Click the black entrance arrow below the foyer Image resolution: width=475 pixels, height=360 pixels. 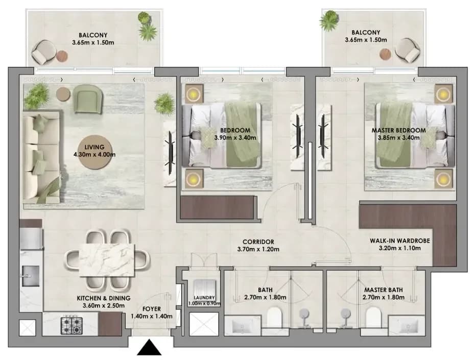pos(149,348)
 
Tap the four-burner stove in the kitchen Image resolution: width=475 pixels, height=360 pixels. pos(72,325)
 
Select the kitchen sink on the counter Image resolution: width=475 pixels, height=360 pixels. pos(30,276)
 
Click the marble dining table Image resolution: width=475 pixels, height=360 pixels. pos(107,260)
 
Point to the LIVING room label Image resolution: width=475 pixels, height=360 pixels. pos(94,147)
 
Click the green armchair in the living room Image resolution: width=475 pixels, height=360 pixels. pos(87,99)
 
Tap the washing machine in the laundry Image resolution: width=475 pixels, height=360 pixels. pos(205,287)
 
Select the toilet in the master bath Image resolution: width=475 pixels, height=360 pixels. pos(373,318)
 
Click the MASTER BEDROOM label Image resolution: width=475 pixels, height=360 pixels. pos(399,131)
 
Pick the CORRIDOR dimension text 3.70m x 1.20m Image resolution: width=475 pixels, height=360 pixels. pos(258,250)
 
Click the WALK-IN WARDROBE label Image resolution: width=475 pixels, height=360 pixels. pos(400,241)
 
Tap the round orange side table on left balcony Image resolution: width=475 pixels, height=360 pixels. pos(62,56)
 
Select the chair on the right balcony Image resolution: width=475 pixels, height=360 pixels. pos(408,50)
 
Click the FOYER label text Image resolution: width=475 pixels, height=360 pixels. pos(152,309)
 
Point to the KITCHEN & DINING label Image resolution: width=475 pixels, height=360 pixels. pos(104,298)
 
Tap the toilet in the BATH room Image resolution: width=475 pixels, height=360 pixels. pos(274,318)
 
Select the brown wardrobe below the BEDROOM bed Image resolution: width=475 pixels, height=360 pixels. pos(217,208)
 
